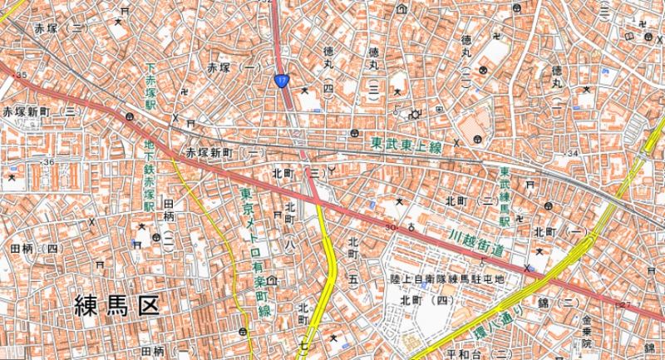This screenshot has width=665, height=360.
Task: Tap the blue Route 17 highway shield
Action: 283,80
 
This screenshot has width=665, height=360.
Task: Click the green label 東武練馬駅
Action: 505,198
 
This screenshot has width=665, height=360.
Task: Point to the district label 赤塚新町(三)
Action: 41,111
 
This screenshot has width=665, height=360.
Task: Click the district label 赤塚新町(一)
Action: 224,154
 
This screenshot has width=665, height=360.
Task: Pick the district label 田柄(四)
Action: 33,248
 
